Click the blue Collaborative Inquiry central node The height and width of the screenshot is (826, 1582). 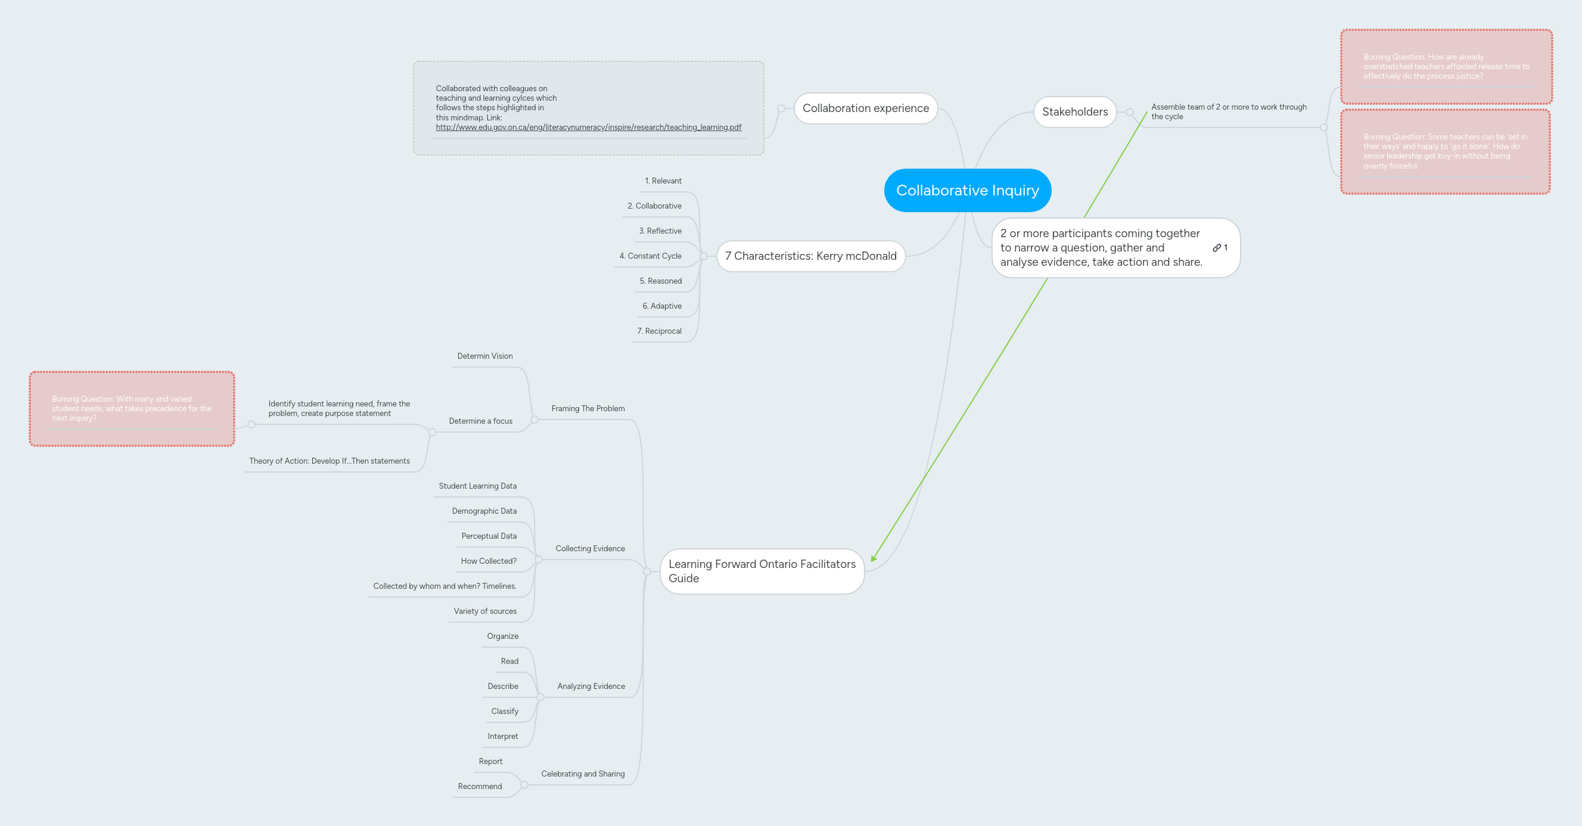[967, 190]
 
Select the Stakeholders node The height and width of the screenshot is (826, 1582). [1074, 112]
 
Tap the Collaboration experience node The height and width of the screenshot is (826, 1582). [865, 108]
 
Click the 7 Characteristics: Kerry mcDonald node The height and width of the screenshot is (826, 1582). [810, 256]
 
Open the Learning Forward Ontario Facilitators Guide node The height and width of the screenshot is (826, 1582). [762, 571]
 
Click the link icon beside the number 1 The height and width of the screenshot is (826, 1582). [1216, 248]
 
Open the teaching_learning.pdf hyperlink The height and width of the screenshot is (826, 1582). [588, 127]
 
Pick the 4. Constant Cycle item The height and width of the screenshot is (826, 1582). [649, 256]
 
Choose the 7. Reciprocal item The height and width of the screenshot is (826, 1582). [659, 331]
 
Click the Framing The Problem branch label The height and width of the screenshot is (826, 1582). [588, 408]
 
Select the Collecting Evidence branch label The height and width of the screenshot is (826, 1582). [589, 548]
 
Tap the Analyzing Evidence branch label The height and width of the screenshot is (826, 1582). [591, 686]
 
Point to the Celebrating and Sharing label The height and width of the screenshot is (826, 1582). [582, 774]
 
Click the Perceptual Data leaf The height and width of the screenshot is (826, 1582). [488, 536]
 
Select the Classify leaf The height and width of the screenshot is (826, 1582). [504, 711]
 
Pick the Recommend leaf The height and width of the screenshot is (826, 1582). [479, 786]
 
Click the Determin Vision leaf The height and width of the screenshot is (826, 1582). [484, 356]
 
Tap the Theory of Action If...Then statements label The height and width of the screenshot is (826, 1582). [329, 461]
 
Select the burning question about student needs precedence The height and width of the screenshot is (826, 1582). [132, 408]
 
